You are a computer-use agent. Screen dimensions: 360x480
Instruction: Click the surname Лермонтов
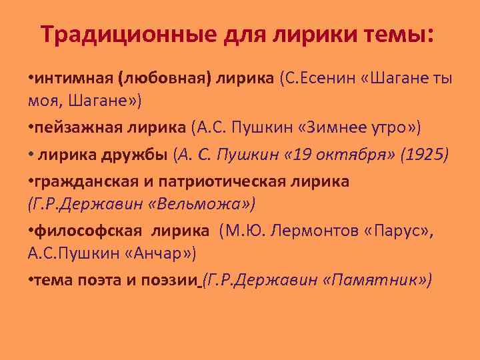(x=297, y=230)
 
